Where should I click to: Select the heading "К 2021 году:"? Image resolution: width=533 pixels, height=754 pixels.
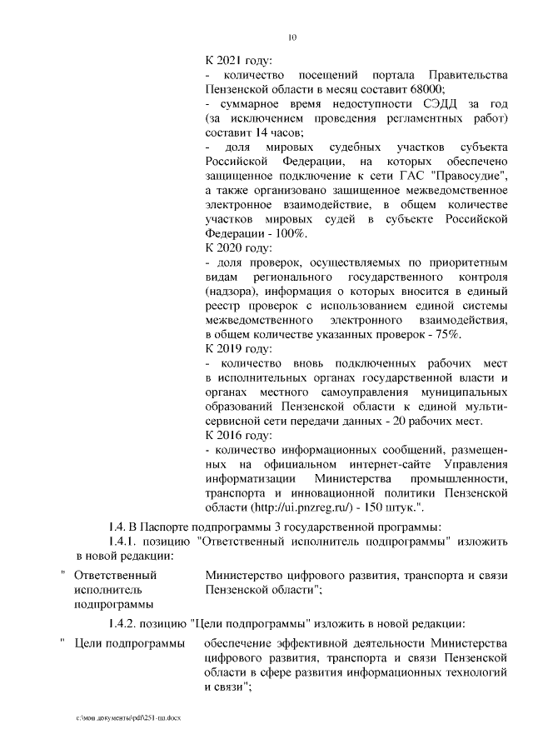tap(238, 61)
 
